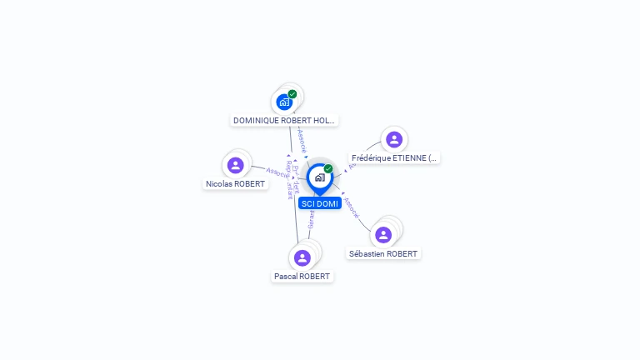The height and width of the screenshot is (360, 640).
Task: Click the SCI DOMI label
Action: pyautogui.click(x=320, y=203)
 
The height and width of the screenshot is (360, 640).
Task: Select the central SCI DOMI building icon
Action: pyautogui.click(x=319, y=177)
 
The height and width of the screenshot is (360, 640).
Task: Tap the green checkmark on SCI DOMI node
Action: pyautogui.click(x=328, y=168)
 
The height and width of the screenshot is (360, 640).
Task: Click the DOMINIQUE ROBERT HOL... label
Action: pyautogui.click(x=284, y=120)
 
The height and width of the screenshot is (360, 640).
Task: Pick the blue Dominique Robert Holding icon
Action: pyautogui.click(x=284, y=102)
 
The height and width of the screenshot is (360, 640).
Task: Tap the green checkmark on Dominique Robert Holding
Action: pyautogui.click(x=292, y=94)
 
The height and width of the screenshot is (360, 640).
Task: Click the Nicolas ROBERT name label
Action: pyautogui.click(x=236, y=183)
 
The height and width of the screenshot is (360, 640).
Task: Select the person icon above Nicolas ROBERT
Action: pyautogui.click(x=236, y=165)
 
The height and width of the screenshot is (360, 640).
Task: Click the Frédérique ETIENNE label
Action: pyautogui.click(x=394, y=157)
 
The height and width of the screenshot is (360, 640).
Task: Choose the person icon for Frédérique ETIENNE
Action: pyautogui.click(x=394, y=139)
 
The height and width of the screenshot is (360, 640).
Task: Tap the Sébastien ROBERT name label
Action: pyautogui.click(x=383, y=253)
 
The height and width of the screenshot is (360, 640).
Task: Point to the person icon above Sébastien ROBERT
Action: pyautogui.click(x=383, y=235)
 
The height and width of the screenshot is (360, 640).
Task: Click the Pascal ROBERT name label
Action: pyautogui.click(x=302, y=276)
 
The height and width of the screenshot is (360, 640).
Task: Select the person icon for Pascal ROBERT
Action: pyautogui.click(x=302, y=257)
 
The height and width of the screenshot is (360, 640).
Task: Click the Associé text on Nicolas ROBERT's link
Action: pyautogui.click(x=277, y=172)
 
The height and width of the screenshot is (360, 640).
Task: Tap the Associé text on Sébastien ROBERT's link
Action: pyautogui.click(x=352, y=207)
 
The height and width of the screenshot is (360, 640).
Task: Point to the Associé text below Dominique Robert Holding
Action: pyautogui.click(x=302, y=137)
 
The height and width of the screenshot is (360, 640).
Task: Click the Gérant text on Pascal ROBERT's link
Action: pyautogui.click(x=312, y=219)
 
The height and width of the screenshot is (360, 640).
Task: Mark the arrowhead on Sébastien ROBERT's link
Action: pyautogui.click(x=343, y=194)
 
